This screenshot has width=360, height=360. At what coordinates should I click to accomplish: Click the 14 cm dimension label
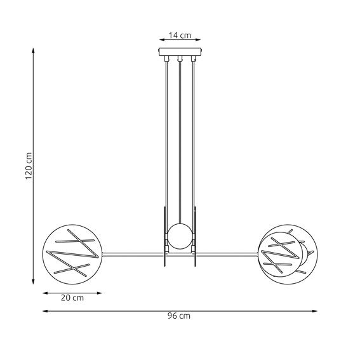[x=180, y=36]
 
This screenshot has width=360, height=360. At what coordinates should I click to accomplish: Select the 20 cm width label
[x=72, y=298]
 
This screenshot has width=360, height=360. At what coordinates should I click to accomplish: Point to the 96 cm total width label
[x=180, y=316]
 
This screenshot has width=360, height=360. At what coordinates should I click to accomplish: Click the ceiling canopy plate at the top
[x=180, y=53]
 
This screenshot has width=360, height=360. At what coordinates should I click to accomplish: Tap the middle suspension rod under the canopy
[x=180, y=140]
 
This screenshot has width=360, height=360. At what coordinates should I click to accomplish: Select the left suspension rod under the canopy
[x=167, y=140]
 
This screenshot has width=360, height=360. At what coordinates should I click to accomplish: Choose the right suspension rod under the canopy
[x=192, y=140]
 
